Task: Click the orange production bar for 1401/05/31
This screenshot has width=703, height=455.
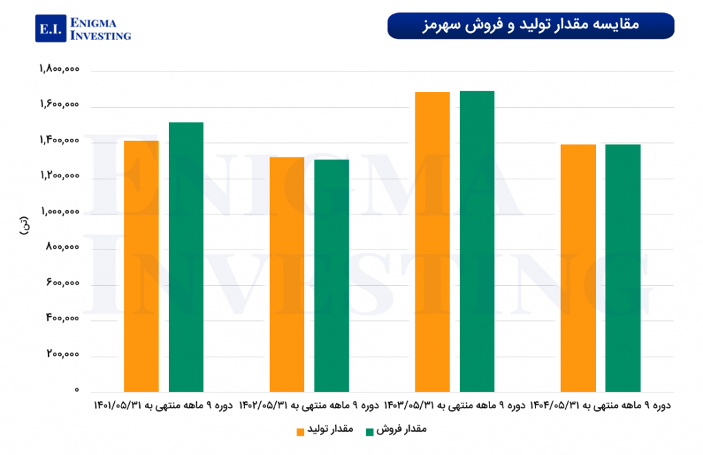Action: tap(141, 266)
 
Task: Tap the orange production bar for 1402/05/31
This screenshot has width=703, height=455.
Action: tap(287, 274)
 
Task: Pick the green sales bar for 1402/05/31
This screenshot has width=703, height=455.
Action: tap(332, 276)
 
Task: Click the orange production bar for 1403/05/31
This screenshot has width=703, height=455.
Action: tap(433, 242)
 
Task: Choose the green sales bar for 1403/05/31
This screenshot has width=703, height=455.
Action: tap(477, 241)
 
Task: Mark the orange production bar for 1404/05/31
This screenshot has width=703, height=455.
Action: tap(578, 268)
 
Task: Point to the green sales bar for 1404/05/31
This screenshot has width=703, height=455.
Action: tap(623, 268)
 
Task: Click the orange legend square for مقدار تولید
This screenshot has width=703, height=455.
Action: tap(301, 432)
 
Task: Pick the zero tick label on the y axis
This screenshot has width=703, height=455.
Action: tap(77, 390)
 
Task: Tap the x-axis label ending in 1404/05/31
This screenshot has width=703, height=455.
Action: tap(600, 406)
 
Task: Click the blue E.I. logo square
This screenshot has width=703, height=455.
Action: tap(52, 29)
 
